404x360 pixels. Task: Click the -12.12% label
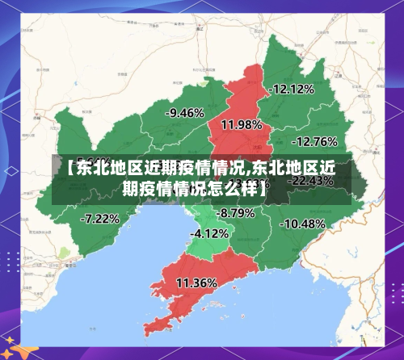coord(292,89)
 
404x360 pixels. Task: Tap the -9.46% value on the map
coord(183,113)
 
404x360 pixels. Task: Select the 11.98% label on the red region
coord(241,124)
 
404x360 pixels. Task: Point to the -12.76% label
coord(314,141)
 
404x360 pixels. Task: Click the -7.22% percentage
coord(100,218)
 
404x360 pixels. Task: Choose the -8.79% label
coord(236,213)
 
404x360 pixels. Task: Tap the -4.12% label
coord(209,233)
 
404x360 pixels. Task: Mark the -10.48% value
coord(303,223)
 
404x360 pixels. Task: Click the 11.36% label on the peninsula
coord(196,283)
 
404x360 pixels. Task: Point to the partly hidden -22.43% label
coord(311,181)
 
